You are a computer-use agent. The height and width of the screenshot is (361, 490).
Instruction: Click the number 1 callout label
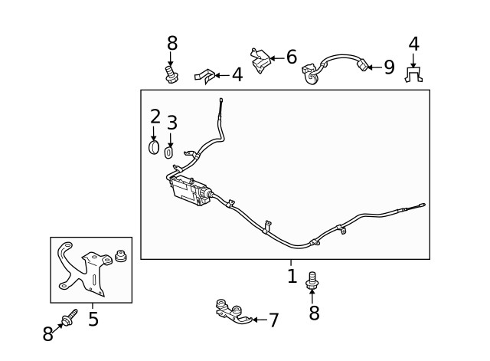(292, 276)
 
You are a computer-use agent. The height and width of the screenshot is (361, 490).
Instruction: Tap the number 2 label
(155, 117)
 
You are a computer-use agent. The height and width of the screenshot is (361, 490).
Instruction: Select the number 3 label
(171, 122)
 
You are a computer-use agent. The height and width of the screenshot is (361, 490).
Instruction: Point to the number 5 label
(93, 318)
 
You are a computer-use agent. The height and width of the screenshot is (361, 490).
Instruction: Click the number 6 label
(291, 57)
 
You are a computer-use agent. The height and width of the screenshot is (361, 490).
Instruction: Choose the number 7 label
(273, 320)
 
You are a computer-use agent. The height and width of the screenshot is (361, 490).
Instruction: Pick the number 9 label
(388, 67)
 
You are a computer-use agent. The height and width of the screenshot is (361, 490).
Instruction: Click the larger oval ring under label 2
(154, 146)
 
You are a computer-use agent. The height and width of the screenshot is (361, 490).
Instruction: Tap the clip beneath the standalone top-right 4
(413, 75)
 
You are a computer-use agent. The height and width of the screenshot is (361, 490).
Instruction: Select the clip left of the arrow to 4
(204, 75)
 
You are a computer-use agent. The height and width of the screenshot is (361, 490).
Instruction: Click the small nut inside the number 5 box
(119, 255)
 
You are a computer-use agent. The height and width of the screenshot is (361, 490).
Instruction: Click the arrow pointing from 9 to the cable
(371, 67)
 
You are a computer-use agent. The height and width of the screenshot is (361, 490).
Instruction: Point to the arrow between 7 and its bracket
(258, 319)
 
